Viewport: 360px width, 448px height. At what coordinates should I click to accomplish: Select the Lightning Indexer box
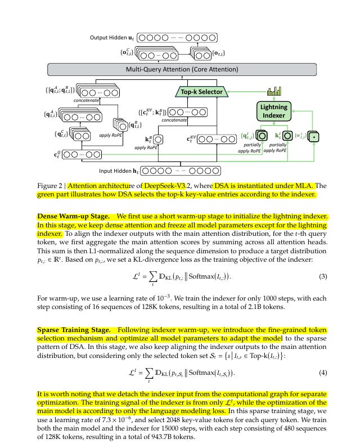click(x=273, y=111)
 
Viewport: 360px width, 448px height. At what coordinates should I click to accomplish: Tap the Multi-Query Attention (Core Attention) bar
click(x=181, y=69)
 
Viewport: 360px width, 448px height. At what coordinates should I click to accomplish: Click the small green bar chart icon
click(x=274, y=91)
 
